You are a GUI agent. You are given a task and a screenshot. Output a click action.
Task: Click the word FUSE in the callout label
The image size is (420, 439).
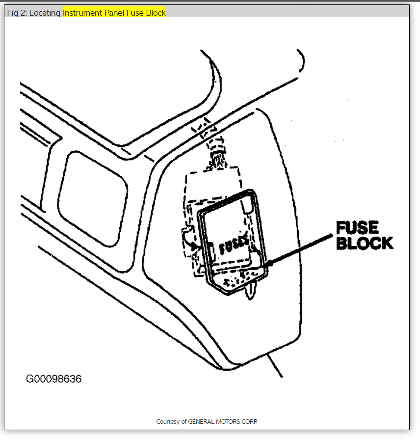[357, 228]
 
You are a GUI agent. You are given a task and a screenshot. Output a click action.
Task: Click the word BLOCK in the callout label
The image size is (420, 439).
[365, 243]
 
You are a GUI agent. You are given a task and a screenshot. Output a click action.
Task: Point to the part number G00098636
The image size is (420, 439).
[54, 379]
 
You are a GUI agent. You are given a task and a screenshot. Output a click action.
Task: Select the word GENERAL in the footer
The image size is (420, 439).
[201, 422]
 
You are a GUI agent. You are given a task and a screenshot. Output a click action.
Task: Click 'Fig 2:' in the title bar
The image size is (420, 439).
[17, 13]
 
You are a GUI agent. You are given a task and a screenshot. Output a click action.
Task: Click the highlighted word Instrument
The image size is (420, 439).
[83, 13]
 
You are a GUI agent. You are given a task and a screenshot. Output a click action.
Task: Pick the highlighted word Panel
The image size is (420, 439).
[115, 13]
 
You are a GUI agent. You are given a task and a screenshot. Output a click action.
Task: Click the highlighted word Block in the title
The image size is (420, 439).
[156, 13]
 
